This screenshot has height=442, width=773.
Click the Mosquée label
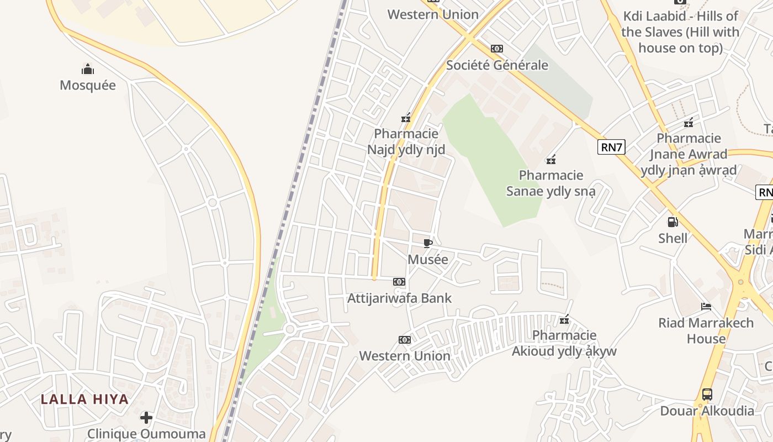coord(88,85)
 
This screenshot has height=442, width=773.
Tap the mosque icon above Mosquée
coord(88,70)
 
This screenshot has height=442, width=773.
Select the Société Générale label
coord(497,65)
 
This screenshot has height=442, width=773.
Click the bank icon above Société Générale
coord(497,49)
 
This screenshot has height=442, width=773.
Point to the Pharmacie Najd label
coord(406,141)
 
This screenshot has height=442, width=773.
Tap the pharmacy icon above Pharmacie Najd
coord(406,117)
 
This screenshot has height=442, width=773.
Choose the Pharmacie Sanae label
coord(551,183)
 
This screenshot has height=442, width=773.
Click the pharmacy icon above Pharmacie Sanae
coord(550,160)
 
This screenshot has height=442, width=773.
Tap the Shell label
coord(673,238)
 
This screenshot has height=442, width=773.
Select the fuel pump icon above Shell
coord(673,222)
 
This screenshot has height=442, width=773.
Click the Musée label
coord(428,259)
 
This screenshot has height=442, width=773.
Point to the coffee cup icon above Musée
coord(428,243)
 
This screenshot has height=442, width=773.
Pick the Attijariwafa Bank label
coord(399,298)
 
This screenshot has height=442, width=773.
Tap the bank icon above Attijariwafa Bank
coord(399,282)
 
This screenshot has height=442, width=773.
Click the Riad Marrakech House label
coord(706,330)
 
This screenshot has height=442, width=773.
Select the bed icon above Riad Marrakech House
coord(706,306)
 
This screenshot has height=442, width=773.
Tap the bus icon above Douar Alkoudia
coord(707,394)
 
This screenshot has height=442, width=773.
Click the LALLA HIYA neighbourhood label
coord(84,399)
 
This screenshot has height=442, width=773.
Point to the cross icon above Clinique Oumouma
coord(146,417)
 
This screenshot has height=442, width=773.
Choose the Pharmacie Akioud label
coord(564,343)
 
